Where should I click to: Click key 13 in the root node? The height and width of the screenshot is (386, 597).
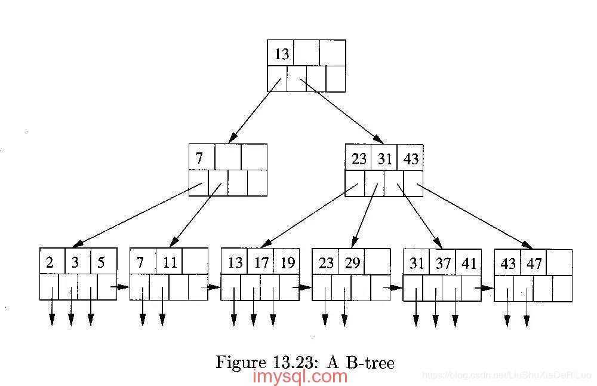coord(281,54)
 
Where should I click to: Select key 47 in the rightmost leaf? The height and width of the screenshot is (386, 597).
coord(534,263)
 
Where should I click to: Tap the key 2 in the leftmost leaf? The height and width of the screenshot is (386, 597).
coord(50,262)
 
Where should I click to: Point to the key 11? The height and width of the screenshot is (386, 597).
coord(170,262)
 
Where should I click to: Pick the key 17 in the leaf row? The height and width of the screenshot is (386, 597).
coord(261,262)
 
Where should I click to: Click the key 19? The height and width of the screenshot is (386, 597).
coord(287,262)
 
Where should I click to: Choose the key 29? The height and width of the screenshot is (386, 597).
coord(352,262)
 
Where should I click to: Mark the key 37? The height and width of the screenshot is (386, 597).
coord(443,263)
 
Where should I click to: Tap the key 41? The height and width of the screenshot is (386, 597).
coord(469,263)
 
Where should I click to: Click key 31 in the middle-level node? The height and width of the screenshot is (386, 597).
coord(384,158)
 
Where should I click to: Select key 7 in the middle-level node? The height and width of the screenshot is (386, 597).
coord(199,158)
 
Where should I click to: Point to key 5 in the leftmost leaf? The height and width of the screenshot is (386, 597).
coord(101,262)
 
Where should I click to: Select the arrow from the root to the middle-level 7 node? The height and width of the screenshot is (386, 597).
coord(254,111)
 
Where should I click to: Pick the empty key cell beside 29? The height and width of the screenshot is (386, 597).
coord(377,262)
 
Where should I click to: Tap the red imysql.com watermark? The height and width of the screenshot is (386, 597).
coord(300,377)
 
